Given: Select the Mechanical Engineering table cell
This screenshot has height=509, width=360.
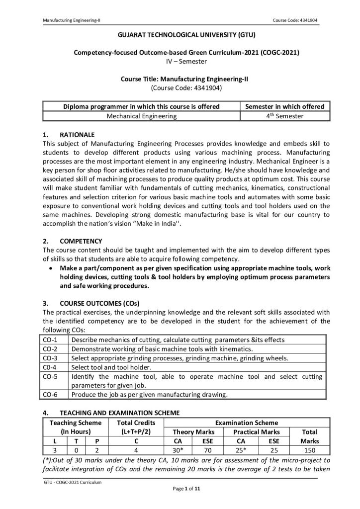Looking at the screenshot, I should coord(142,116).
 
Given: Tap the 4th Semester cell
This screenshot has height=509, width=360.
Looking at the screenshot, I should coord(284,116).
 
